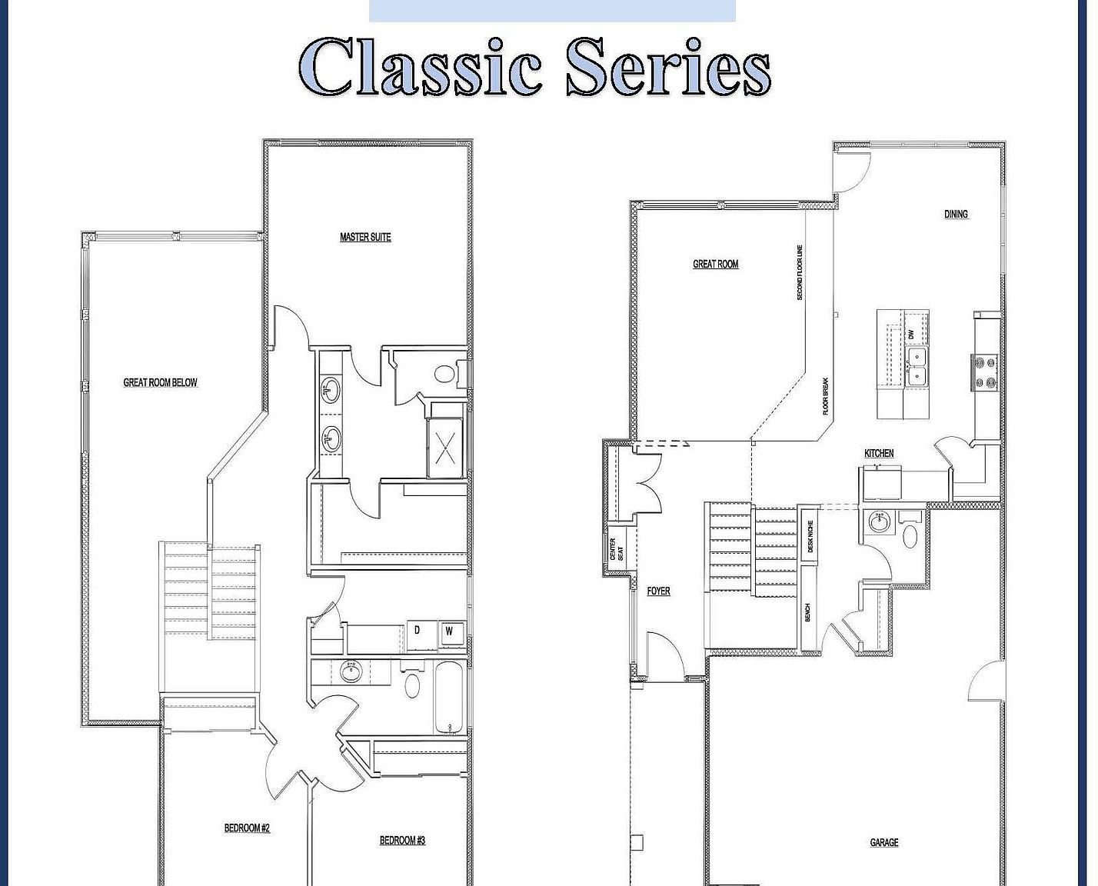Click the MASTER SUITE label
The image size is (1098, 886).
tap(365, 237)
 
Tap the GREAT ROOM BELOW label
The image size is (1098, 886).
tap(160, 382)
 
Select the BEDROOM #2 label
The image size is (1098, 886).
tap(247, 828)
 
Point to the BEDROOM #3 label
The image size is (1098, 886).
tap(402, 841)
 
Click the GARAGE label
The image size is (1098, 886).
tap(883, 843)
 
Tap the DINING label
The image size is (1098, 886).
tap(956, 214)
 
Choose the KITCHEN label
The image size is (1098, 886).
tap(879, 454)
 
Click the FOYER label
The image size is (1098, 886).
tap(658, 591)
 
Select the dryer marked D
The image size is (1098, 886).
tap(418, 631)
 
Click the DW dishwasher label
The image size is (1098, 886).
tap(911, 335)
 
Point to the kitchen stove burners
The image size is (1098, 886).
tap(986, 371)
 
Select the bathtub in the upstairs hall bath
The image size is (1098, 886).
tap(450, 697)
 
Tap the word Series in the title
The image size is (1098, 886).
tap(667, 67)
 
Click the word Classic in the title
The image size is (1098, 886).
tap(420, 67)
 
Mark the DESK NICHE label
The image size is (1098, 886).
tap(810, 537)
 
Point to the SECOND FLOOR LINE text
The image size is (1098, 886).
tap(800, 273)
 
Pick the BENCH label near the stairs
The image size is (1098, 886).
tap(807, 613)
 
